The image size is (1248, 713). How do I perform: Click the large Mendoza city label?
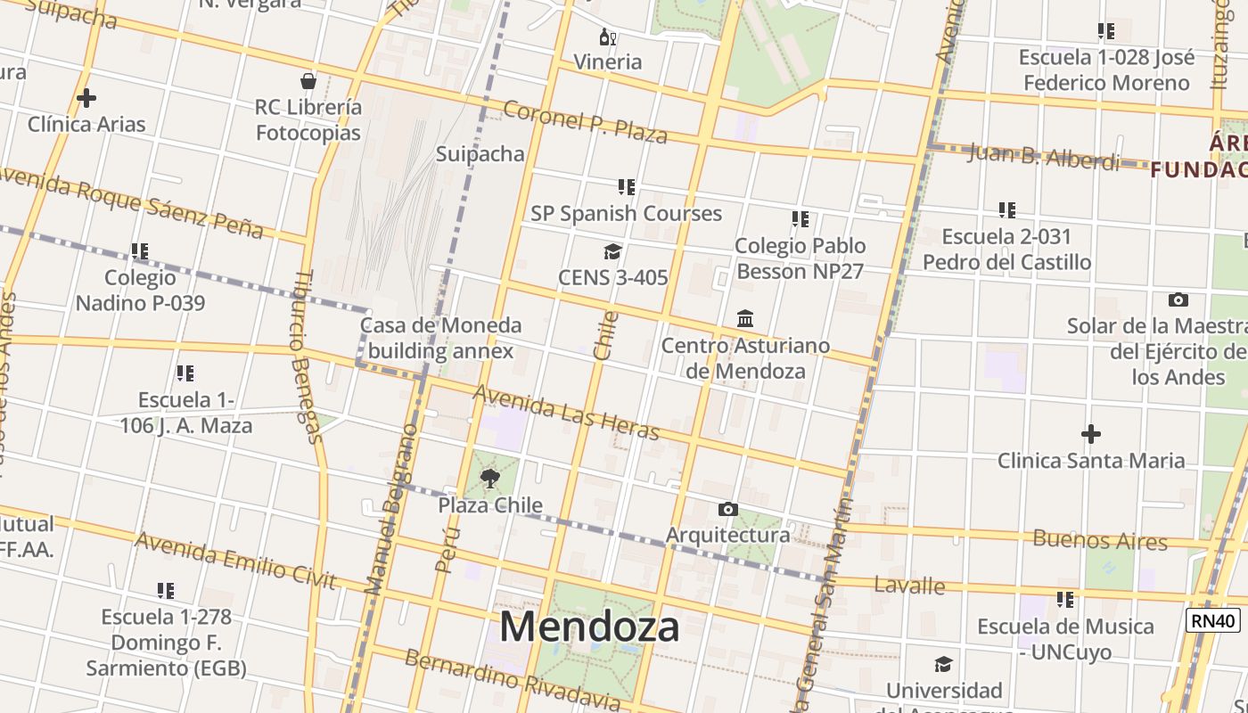(x=589, y=627)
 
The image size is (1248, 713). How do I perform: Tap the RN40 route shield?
(x=1213, y=620)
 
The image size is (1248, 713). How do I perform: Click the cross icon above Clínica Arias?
(x=86, y=97)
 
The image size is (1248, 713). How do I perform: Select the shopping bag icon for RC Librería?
(x=308, y=81)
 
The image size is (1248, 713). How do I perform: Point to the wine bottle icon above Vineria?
(x=607, y=37)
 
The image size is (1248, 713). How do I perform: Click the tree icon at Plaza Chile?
(x=489, y=479)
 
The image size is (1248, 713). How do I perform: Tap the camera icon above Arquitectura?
(x=728, y=509)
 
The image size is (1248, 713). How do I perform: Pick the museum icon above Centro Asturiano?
(x=745, y=318)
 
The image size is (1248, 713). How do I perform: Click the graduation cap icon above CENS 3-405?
(x=612, y=251)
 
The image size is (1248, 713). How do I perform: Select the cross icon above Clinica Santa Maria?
(x=1090, y=434)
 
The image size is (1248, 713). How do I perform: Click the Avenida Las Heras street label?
(x=566, y=413)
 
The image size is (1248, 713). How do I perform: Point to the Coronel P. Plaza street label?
(x=585, y=122)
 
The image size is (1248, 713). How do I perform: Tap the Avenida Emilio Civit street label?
(x=235, y=561)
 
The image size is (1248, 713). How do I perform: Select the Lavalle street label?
(x=909, y=586)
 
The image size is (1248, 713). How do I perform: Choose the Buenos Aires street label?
(x=1099, y=540)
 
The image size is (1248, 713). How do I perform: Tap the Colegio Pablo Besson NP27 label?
(x=800, y=258)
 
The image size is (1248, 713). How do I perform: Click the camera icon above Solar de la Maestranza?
(x=1178, y=299)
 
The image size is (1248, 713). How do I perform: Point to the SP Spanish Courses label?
(x=626, y=213)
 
